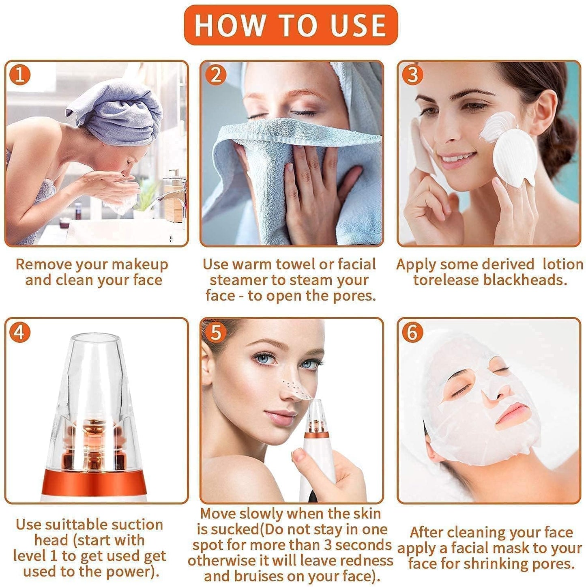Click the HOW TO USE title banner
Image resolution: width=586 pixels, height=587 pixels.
point(290,25)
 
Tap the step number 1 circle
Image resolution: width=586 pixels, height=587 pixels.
point(20,75)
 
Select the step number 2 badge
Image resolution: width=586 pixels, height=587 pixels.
point(216,75)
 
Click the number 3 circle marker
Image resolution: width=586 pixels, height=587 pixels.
point(412,75)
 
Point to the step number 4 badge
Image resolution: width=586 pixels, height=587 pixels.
point(20,333)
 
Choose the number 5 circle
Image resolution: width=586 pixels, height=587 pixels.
point(216,333)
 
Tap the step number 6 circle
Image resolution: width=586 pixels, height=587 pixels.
point(412,333)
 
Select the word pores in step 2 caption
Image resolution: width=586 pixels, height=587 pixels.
point(352,296)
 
